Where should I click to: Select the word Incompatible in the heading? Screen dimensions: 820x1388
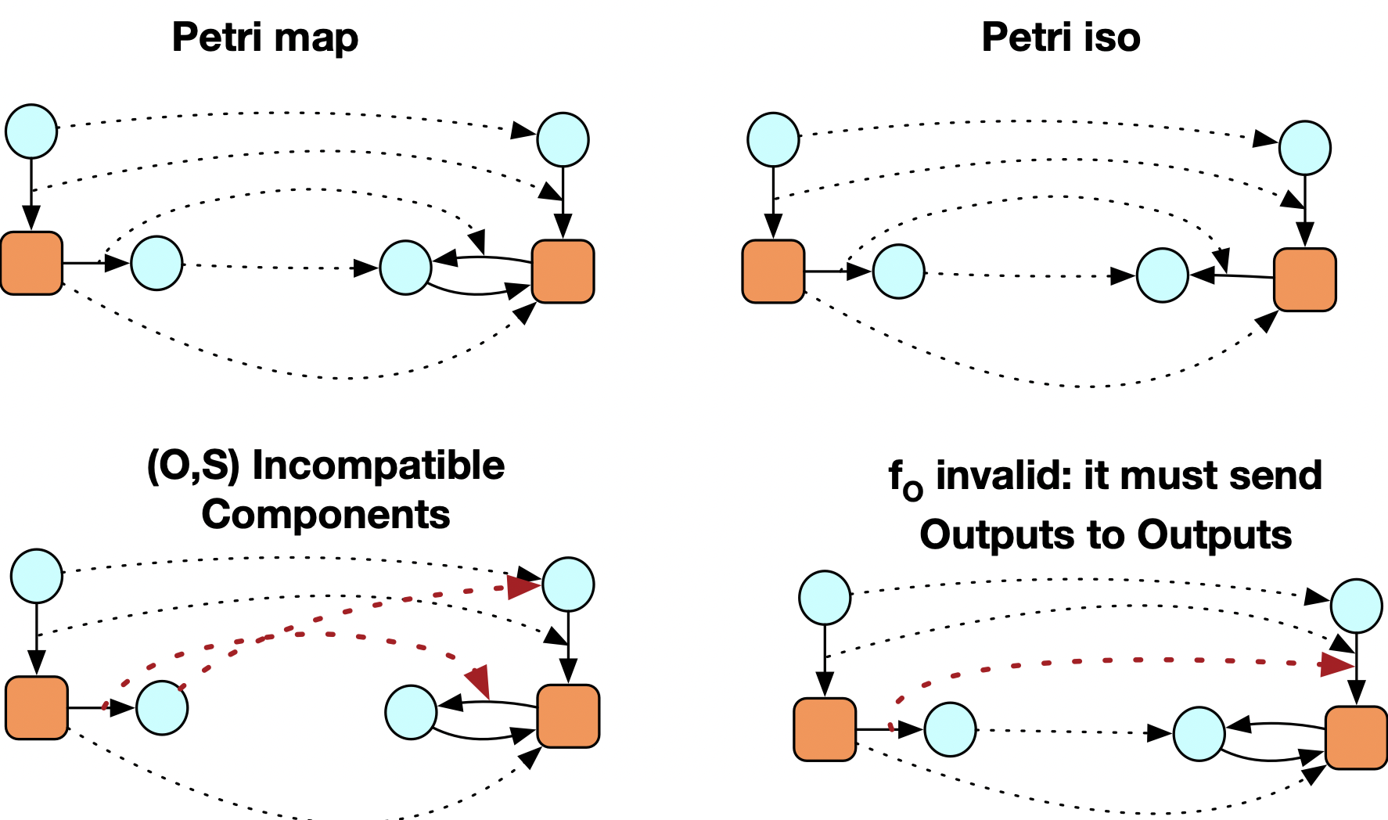tap(379, 466)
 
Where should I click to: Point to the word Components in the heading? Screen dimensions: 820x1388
tap(325, 515)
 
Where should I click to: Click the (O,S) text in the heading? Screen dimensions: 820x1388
tap(192, 466)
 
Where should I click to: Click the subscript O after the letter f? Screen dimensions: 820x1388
tap(912, 491)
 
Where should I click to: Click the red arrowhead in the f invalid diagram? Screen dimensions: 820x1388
tap(1336, 666)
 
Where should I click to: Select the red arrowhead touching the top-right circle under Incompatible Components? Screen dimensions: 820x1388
tap(523, 586)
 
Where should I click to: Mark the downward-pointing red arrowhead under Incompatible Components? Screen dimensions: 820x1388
tap(478, 679)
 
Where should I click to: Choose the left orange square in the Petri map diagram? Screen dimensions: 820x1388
tap(31, 263)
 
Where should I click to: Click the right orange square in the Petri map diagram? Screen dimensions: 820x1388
tap(563, 271)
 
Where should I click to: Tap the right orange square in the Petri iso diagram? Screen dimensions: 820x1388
tap(1304, 279)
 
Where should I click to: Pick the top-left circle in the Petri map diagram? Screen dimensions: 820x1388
tap(31, 131)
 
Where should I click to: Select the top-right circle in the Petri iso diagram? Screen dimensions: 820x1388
tap(1304, 147)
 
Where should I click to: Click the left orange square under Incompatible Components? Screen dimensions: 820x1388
tap(37, 707)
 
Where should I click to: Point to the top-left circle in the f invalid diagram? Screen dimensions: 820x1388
tap(825, 598)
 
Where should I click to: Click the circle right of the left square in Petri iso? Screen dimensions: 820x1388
tap(898, 272)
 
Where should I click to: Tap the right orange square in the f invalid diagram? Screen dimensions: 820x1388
tap(1356, 737)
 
